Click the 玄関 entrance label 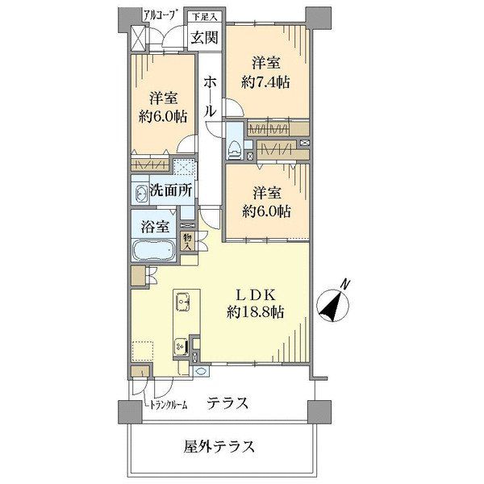click(x=205, y=38)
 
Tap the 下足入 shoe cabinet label click(x=205, y=17)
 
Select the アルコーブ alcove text click(x=161, y=15)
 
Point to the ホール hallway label click(x=210, y=97)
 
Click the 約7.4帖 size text click(x=265, y=82)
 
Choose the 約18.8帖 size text click(x=255, y=312)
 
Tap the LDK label click(x=255, y=295)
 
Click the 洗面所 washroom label click(x=171, y=190)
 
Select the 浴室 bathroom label click(x=155, y=227)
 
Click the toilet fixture click(x=235, y=150)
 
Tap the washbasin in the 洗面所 click(x=140, y=194)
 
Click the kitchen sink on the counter click(x=182, y=301)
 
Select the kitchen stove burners click(x=181, y=346)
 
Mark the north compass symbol click(x=333, y=305)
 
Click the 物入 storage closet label click(x=187, y=242)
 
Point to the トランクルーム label click(x=169, y=405)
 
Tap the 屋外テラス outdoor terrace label click(x=219, y=447)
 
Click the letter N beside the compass click(x=347, y=283)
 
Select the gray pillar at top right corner click(x=319, y=18)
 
